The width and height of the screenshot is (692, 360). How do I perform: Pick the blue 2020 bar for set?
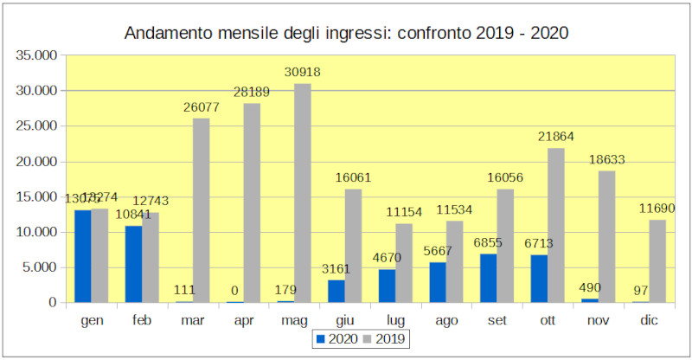pyautogui.click(x=489, y=278)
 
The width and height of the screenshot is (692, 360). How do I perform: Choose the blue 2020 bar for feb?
pyautogui.click(x=132, y=264)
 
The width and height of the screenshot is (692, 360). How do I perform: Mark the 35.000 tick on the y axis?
pyautogui.click(x=36, y=55)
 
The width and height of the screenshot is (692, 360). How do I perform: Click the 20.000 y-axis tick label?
pyautogui.click(x=36, y=162)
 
